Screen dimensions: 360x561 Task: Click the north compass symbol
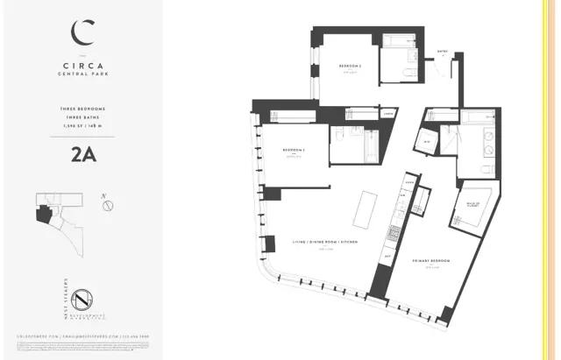[x=107, y=207]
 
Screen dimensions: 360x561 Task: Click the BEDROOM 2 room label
[x=351, y=67]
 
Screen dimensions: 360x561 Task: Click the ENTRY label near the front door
[x=443, y=52]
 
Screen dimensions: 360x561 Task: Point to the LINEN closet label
[x=387, y=114]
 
